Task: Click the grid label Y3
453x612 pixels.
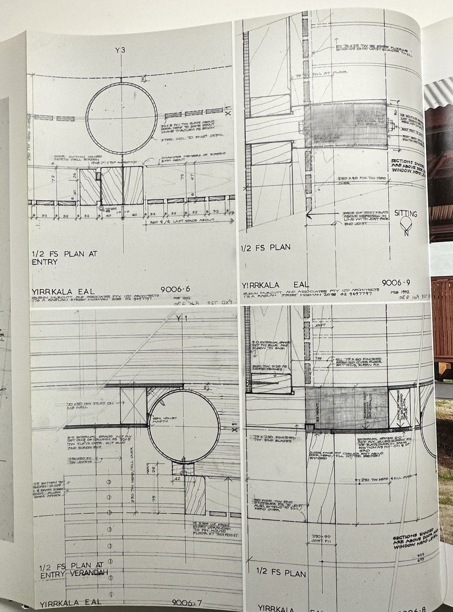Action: pos(121,49)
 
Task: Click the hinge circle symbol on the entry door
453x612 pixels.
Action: pos(101,209)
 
